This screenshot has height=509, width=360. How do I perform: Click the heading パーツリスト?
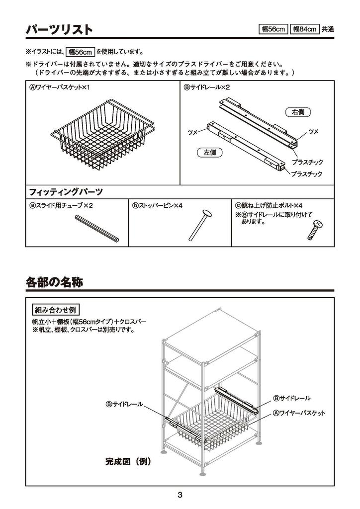(x=59, y=30)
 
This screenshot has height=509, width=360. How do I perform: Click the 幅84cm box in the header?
(x=304, y=29)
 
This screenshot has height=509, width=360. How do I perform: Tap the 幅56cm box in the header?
(x=273, y=29)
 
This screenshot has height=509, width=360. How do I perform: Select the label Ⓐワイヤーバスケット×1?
(x=59, y=87)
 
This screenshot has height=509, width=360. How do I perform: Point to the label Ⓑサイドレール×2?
(x=207, y=87)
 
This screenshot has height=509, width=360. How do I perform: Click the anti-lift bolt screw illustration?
(x=315, y=231)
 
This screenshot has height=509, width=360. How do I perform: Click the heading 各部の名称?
(x=54, y=282)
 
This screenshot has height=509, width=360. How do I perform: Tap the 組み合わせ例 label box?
(x=56, y=310)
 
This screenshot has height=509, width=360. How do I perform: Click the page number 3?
(x=180, y=495)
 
